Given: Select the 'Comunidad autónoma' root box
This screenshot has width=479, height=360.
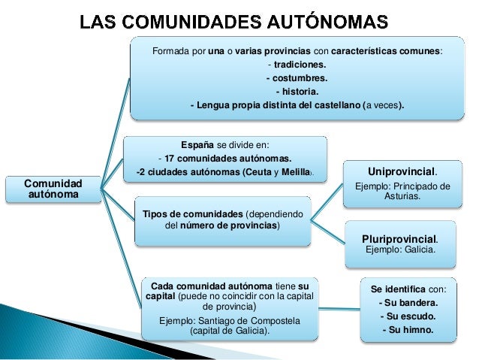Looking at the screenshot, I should (53, 189).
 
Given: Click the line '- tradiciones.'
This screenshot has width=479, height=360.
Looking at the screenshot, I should (297, 65).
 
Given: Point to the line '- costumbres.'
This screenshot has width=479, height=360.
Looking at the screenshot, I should (297, 78).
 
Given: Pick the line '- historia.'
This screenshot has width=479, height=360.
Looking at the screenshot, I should (297, 92).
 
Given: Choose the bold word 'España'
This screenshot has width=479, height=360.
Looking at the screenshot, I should (197, 145).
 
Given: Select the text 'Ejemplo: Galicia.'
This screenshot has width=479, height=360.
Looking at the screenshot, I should (399, 250).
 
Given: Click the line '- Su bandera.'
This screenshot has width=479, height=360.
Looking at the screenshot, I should (408, 302).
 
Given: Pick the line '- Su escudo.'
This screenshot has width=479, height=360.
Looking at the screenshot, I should (408, 316).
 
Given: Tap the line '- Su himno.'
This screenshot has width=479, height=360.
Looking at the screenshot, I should (408, 329).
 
